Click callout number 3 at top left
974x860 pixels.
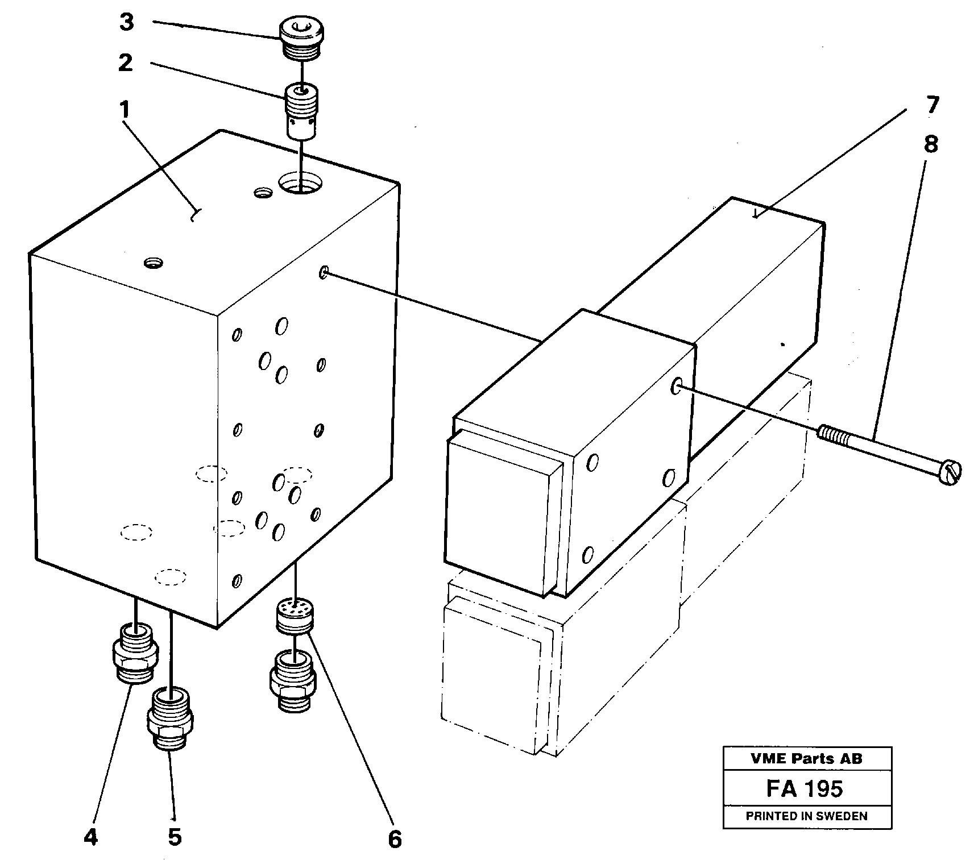[x=126, y=23]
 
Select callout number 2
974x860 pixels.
[x=126, y=63]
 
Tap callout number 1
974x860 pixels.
[x=125, y=109]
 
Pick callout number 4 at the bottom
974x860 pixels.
[x=90, y=837]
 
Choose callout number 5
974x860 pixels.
[x=175, y=837]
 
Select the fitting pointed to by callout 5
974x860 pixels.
[x=171, y=719]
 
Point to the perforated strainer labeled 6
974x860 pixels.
[x=295, y=614]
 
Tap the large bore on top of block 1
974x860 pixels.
[x=300, y=184]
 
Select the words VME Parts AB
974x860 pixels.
[x=806, y=758]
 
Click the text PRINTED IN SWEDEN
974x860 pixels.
[x=806, y=816]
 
